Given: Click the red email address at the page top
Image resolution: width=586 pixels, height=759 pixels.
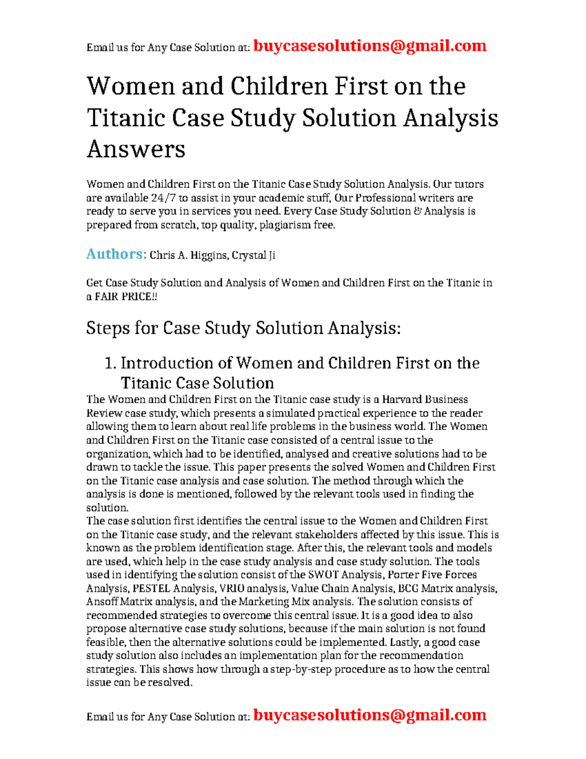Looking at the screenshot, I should [370, 46].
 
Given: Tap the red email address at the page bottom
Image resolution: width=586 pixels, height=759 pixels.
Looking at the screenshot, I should [370, 715].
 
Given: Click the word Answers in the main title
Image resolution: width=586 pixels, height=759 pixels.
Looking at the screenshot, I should [136, 149].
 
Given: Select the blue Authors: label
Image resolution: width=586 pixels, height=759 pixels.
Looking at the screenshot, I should [116, 254].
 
